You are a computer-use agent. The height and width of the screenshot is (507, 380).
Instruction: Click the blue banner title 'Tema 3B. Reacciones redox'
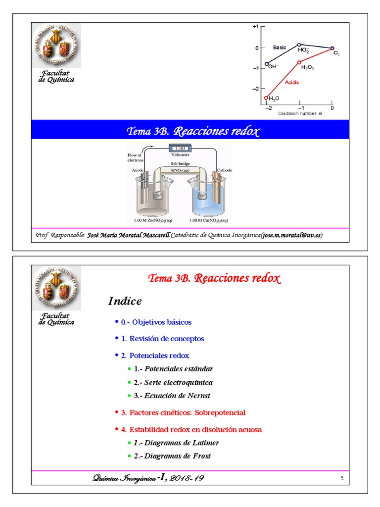coord(193,131)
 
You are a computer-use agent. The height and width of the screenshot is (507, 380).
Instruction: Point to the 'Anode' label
coord(138,170)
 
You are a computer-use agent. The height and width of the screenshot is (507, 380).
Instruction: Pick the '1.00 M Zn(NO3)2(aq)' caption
coord(153,220)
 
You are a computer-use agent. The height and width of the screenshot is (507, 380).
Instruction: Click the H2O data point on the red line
coord(266,98)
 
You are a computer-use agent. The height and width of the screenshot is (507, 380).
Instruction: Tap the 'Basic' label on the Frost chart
coord(280,48)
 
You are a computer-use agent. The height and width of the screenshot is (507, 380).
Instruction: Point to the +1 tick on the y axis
coord(255,27)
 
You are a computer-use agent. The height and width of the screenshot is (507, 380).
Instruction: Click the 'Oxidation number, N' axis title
coord(300,114)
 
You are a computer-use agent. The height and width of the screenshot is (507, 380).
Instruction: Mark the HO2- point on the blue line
coord(299,45)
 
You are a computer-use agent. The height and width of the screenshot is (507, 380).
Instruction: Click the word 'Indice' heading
coord(125,301)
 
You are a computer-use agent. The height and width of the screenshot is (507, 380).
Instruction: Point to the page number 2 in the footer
coord(341,478)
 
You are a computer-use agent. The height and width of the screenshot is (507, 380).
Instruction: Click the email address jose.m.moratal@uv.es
coord(291,235)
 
